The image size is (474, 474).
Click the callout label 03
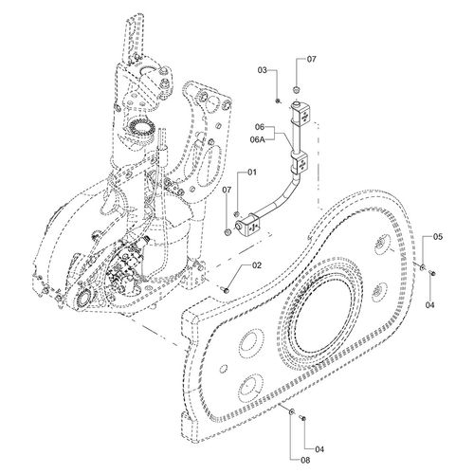tap(263, 70)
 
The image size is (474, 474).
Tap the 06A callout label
tap(257, 139)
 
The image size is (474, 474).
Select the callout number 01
tap(252, 173)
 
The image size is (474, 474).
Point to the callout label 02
tap(257, 265)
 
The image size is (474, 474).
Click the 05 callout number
tap(438, 237)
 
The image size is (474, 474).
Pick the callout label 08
tap(305, 460)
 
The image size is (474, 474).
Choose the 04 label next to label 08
tap(319, 449)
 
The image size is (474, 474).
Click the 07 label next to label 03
tap(311, 59)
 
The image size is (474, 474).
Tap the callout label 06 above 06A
tap(260, 127)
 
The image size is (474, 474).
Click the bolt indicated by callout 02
tap(226, 289)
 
